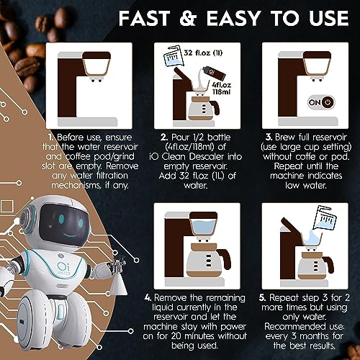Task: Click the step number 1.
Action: pos(51,136)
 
